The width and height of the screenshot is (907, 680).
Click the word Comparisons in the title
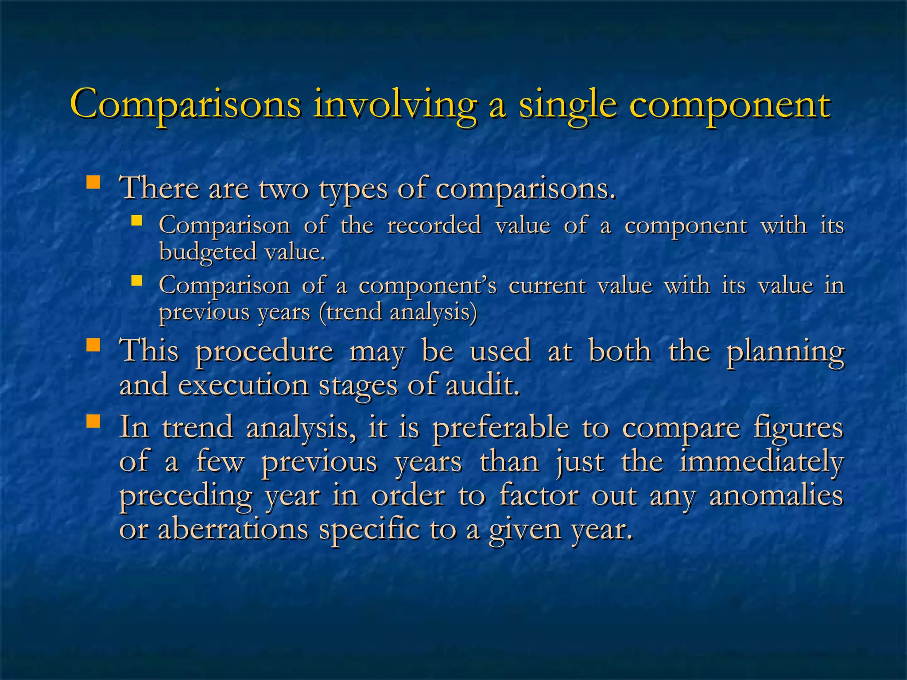(186, 104)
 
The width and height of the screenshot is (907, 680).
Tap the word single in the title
(568, 104)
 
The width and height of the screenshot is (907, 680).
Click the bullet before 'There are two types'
(93, 182)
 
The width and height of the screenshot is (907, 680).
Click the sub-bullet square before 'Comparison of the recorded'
(136, 220)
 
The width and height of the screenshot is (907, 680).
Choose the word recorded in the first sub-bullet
(434, 225)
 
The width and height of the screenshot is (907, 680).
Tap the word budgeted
(208, 252)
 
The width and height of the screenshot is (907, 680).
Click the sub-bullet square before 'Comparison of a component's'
(136, 280)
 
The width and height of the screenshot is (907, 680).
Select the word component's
(428, 285)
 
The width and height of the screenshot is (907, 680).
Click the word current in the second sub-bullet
(547, 285)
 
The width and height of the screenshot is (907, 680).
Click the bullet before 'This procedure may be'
(93, 345)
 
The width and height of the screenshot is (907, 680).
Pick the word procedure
(264, 352)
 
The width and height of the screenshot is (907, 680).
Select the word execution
(243, 385)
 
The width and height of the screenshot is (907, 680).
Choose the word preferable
(501, 428)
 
